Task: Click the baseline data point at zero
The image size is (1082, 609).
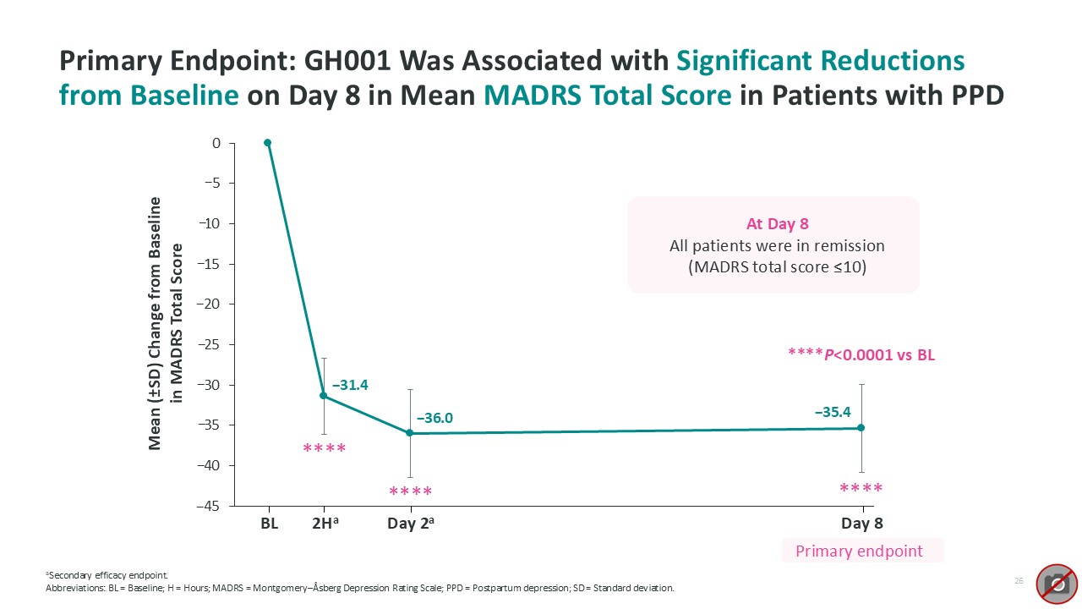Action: click(268, 143)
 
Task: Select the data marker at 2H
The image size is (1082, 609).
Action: click(324, 396)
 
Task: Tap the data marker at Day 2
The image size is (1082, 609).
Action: click(410, 433)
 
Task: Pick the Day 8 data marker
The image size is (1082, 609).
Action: click(861, 428)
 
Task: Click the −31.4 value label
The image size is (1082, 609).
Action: click(350, 386)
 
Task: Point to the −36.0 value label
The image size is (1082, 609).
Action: click(434, 418)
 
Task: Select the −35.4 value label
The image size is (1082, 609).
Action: click(832, 413)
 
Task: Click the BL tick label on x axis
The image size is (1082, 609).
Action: click(269, 524)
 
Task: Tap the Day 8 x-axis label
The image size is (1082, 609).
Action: click(862, 524)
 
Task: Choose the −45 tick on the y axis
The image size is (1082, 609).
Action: click(210, 506)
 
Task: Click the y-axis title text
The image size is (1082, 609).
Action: click(167, 323)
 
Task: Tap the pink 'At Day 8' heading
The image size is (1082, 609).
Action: click(773, 225)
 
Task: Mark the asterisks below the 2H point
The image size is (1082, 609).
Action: click(325, 449)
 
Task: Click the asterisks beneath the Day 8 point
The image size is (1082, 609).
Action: click(861, 489)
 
